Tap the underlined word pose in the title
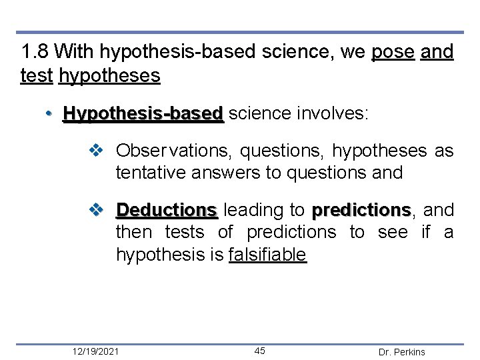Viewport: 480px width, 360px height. pos(393,51)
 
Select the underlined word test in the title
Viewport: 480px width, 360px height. pos(37,76)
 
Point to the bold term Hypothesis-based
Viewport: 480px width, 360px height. pos(143,114)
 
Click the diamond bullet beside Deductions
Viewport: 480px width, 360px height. pos(96,211)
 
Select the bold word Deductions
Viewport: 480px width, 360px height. pos(167,211)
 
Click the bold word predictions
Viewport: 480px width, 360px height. pos(361,211)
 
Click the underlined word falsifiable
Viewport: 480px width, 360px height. pos(267,255)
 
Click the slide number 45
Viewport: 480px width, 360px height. pos(260,351)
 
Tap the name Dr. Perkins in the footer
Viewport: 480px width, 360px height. pos(401,352)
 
